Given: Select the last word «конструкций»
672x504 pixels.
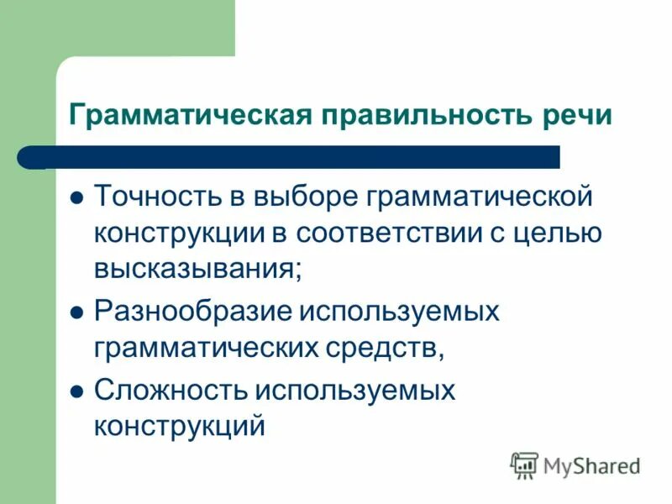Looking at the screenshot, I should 180,426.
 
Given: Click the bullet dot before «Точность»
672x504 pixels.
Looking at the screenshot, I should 77,199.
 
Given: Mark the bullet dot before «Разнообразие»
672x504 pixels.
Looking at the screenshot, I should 77,313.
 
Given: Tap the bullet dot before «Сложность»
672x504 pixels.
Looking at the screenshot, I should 77,391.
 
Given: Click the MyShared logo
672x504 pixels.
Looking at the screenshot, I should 575,465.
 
